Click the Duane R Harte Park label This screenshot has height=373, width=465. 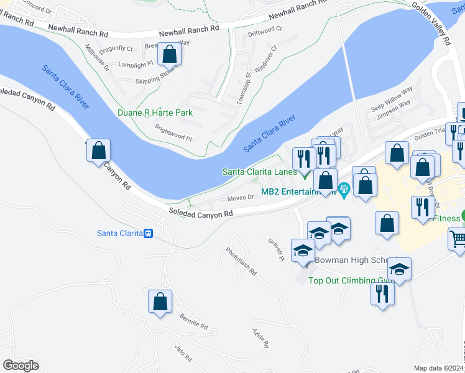(x=155, y=113)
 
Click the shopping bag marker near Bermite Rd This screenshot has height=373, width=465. (x=160, y=302)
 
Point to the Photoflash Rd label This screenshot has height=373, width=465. (x=241, y=261)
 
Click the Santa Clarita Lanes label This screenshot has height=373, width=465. (x=259, y=172)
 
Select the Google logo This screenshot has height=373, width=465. (x=21, y=365)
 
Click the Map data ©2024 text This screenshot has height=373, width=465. (x=438, y=368)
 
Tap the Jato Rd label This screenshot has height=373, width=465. (x=183, y=352)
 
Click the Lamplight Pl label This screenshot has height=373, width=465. (x=136, y=64)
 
